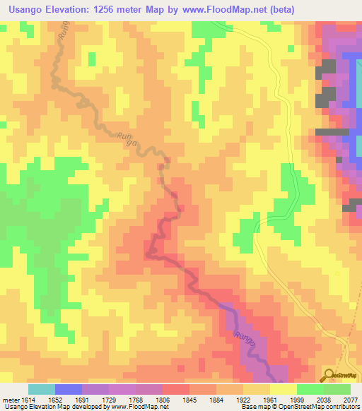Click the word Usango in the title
point(28,9)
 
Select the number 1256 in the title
point(119,9)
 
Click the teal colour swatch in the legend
point(41,389)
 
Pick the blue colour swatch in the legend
point(68,389)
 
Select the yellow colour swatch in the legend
point(283,389)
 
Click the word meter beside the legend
point(9,399)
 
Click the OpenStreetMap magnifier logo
point(328,376)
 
